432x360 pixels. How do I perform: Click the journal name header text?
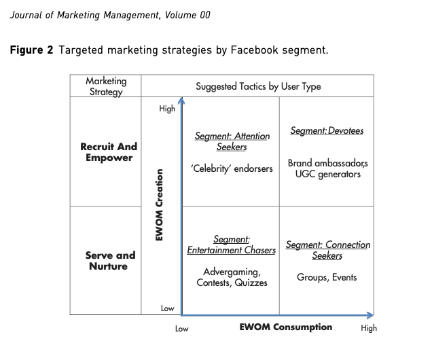pos(109,15)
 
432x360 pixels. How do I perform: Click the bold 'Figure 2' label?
pos(31,50)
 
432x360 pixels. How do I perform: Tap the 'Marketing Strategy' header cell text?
pos(106,86)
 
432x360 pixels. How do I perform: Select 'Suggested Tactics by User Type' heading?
pos(258,86)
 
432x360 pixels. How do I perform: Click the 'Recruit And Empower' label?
pos(109,152)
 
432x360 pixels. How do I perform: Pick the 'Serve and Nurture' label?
pos(110,261)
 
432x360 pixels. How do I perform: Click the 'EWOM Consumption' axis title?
pos(286,327)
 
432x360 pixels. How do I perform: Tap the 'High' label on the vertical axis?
pos(167,109)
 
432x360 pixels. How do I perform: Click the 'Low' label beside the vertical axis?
pos(167,308)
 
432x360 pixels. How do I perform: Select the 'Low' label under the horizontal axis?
pos(181,329)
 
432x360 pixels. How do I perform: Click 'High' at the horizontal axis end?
pos(369,329)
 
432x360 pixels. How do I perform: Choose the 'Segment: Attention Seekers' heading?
pos(232,141)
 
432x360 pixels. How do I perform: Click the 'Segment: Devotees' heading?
pos(327,130)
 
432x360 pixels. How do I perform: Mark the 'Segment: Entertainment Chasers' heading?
pos(232,245)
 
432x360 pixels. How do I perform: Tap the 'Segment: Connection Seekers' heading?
pos(327,250)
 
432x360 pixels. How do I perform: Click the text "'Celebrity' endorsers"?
pos(232,168)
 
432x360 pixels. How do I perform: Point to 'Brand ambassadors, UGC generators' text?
pos(327,168)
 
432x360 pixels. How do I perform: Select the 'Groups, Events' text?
pos(327,277)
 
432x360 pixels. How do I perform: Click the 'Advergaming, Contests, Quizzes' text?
pos(232,277)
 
